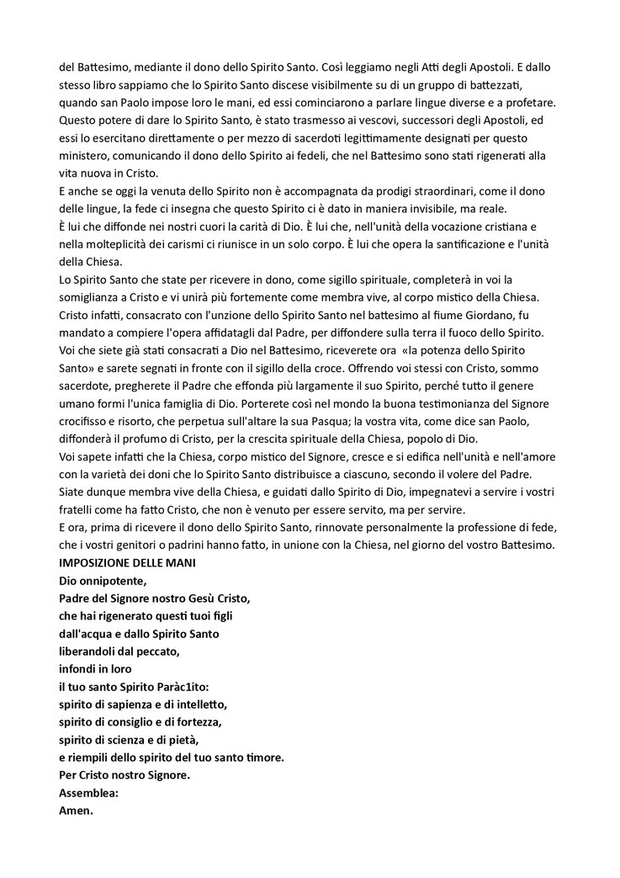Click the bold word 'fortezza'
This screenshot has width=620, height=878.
click(x=203, y=721)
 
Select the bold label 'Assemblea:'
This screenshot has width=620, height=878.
click(x=88, y=792)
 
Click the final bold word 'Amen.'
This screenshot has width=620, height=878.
click(x=76, y=810)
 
